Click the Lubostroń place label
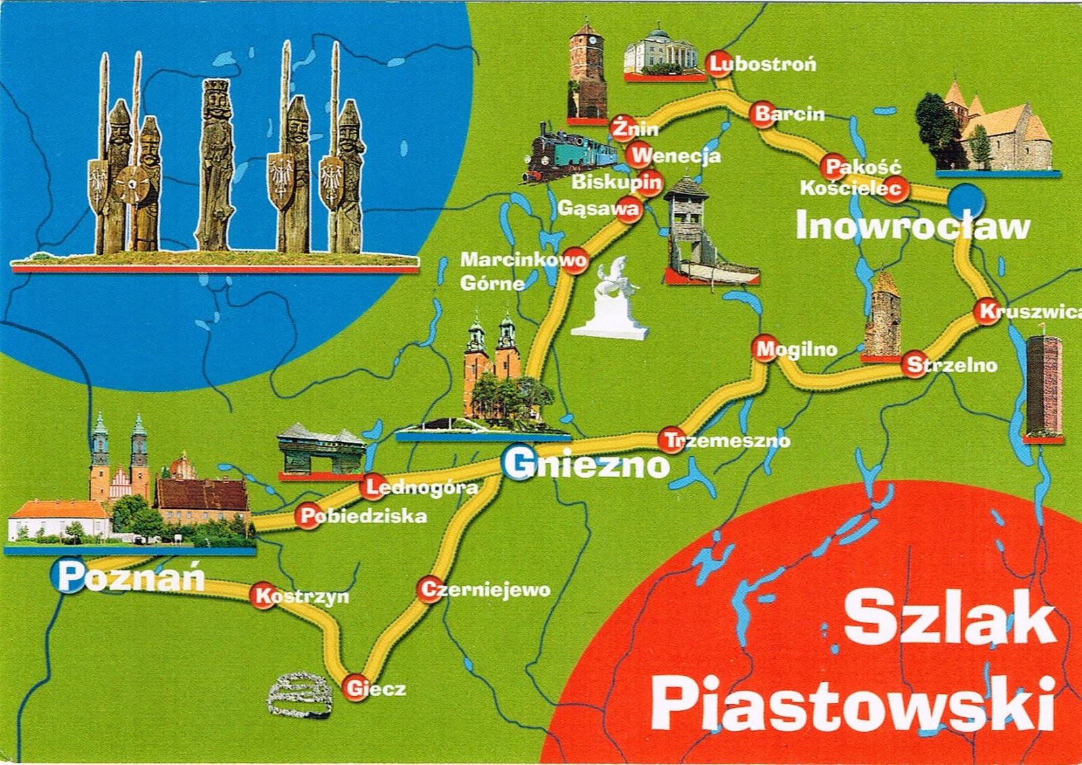763,64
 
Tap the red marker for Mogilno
765,349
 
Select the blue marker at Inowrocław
966,200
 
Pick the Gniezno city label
586,465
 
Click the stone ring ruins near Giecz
299,695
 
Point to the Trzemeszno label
727,441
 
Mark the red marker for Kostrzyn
263,595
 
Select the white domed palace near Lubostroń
661,51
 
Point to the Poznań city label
130,578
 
